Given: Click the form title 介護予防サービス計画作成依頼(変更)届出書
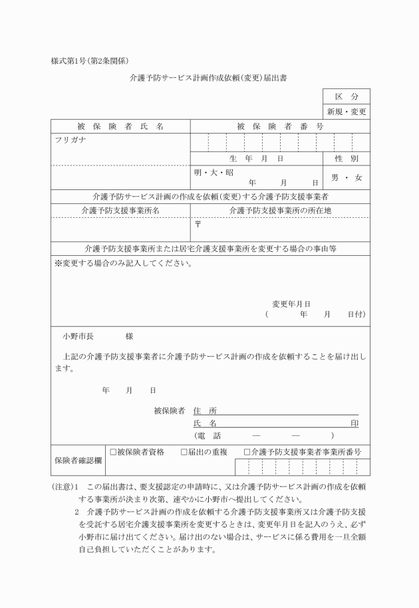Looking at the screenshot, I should (x=209, y=78).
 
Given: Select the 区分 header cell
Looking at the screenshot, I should (x=346, y=96).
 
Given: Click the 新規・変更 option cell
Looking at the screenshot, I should (x=346, y=112).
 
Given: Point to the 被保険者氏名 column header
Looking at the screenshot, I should (x=120, y=126).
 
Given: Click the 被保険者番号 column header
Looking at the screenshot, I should (x=279, y=126).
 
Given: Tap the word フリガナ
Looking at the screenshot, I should (x=70, y=140).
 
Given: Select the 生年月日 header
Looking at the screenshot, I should (x=256, y=158).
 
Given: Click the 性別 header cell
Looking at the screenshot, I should (x=346, y=158).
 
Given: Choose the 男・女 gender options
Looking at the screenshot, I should (x=346, y=177).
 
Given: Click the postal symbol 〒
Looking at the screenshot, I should (x=198, y=225).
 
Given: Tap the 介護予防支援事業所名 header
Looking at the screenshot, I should (x=120, y=210).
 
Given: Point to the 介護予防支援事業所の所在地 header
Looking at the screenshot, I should (x=279, y=210).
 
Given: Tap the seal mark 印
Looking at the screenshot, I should (x=354, y=423).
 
